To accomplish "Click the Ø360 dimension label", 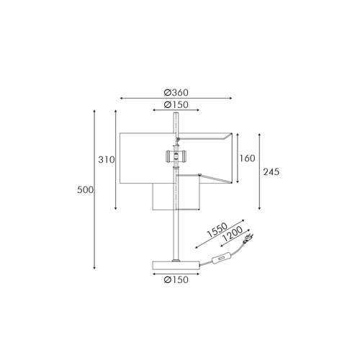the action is [x=176, y=92].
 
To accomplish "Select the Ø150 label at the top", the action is [x=176, y=104].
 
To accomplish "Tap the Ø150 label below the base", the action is [x=176, y=279].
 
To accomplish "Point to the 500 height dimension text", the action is [x=85, y=190].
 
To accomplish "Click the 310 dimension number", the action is [x=107, y=160].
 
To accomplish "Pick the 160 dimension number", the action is [x=247, y=158].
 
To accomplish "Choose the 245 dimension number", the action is [x=271, y=172].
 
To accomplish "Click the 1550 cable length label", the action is [x=217, y=230].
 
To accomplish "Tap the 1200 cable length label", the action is [x=233, y=234].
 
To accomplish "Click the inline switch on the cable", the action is [x=219, y=259].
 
